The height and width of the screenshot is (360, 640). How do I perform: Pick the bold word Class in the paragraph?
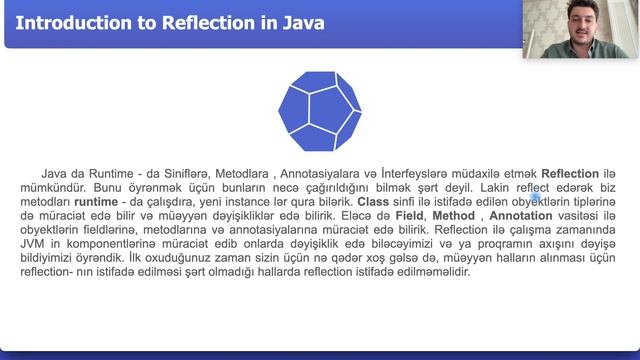[373, 200]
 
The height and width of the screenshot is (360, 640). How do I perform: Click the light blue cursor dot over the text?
[535, 197]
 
